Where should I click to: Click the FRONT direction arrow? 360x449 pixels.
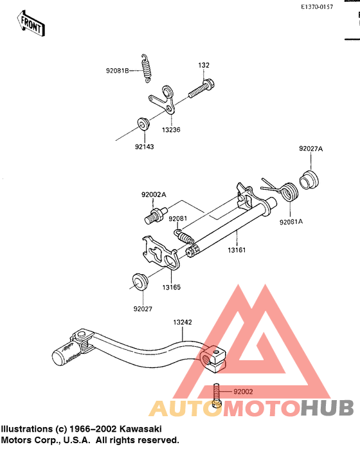31,24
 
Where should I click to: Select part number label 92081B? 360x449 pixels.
118,71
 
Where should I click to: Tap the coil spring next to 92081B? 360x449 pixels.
147,68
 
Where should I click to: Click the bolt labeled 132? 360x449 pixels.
201,88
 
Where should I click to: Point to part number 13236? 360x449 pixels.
171,130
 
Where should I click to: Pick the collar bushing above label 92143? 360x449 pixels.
143,124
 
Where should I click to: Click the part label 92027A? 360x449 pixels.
310,149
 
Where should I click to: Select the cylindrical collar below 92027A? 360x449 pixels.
309,180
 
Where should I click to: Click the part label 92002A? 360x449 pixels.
154,195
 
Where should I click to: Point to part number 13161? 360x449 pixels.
237,250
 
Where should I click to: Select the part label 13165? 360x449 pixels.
172,287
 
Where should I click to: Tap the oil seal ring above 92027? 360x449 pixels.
139,282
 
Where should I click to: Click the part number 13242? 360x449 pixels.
183,322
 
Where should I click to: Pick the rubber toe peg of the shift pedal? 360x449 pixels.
66,354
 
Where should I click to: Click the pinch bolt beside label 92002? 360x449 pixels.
217,396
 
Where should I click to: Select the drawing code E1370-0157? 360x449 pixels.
317,7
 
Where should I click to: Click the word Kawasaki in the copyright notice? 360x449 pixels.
140,429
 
